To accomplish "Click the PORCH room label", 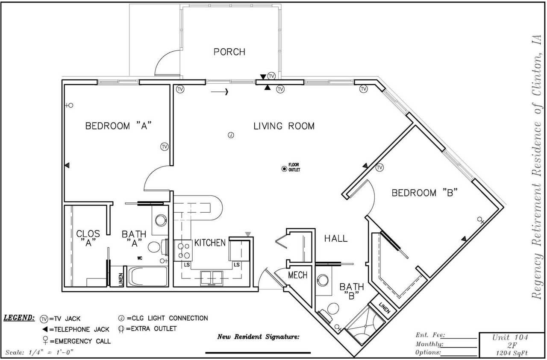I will pyautogui.click(x=229, y=52).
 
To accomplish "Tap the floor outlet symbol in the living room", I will pyautogui.click(x=284, y=169).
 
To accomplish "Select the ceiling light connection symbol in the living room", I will pyautogui.click(x=230, y=135).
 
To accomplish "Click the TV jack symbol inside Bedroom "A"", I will pyautogui.click(x=164, y=146).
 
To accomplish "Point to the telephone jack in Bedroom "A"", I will pyautogui.click(x=67, y=165).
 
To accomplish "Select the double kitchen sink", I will pyautogui.click(x=211, y=277).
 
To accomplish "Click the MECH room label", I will pyautogui.click(x=297, y=275).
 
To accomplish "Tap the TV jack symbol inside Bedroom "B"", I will pyautogui.click(x=379, y=168).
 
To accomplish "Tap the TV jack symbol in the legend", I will pyautogui.click(x=44, y=319).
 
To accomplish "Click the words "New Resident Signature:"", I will pyautogui.click(x=259, y=337).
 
